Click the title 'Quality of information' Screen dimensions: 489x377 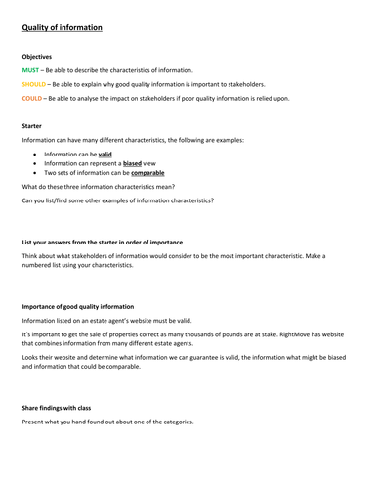[x=63, y=28]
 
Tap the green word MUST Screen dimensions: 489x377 [x=31, y=70]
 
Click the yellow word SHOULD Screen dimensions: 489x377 [x=35, y=84]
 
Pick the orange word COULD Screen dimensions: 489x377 [x=33, y=98]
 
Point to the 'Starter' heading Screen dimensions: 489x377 [x=33, y=125]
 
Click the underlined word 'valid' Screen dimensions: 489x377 [x=105, y=154]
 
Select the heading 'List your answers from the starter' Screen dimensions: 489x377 [x=102, y=242]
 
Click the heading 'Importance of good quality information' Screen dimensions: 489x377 [x=78, y=307]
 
